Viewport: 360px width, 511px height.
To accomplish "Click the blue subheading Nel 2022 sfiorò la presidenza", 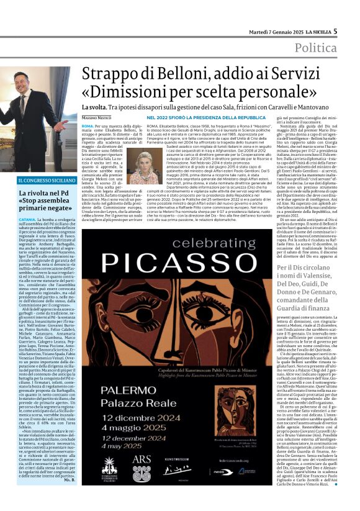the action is coord(197,117).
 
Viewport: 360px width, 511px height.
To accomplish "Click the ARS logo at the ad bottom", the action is coord(141,461).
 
